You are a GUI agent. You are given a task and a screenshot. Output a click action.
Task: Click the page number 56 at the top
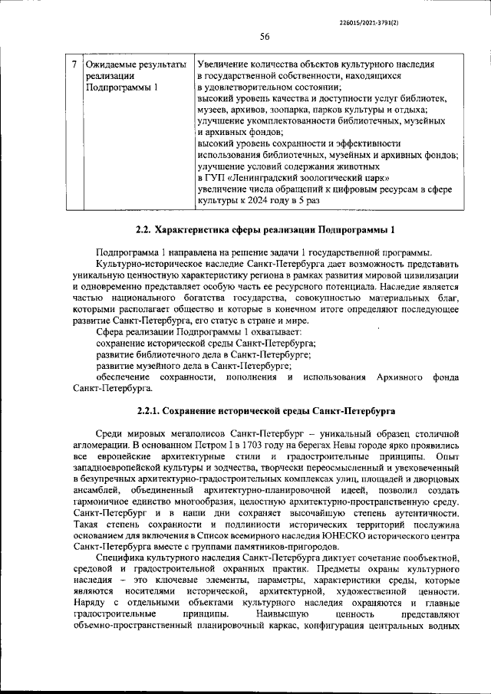[x=264, y=37]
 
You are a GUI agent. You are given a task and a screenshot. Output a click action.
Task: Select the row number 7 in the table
[x=73, y=65]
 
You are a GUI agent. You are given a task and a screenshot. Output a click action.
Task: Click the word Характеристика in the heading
[x=193, y=229]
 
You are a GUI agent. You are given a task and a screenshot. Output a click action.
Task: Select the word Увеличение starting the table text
[x=223, y=65]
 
